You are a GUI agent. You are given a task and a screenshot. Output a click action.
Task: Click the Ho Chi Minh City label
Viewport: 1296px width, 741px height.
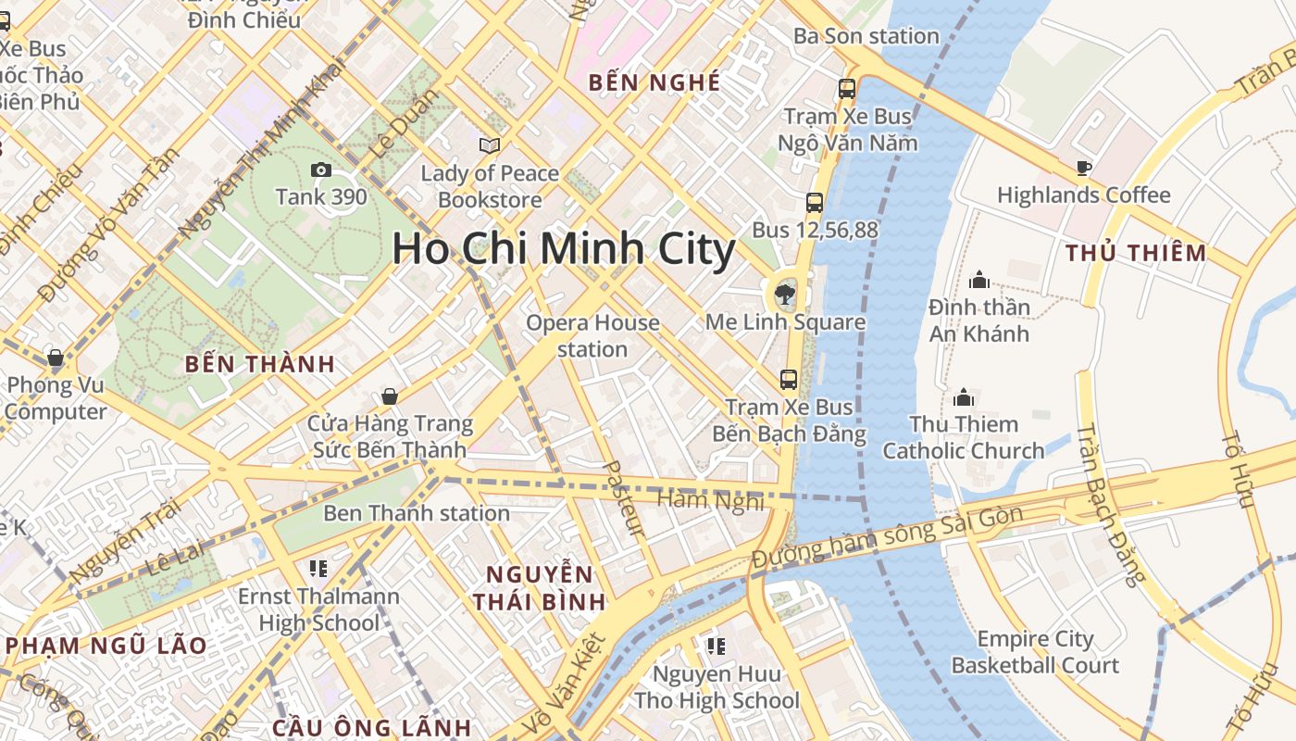pyautogui.click(x=563, y=249)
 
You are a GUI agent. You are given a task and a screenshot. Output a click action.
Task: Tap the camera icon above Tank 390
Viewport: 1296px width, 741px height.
pyautogui.click(x=321, y=170)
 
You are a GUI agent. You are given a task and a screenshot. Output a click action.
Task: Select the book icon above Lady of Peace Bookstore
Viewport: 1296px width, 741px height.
pyautogui.click(x=490, y=145)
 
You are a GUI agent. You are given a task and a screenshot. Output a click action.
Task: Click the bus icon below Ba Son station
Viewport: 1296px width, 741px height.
pyautogui.click(x=847, y=89)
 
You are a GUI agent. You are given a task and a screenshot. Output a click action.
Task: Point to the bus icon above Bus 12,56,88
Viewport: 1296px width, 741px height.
pyautogui.click(x=815, y=203)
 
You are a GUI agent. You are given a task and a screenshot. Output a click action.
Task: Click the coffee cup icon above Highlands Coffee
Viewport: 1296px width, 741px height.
pyautogui.click(x=1083, y=168)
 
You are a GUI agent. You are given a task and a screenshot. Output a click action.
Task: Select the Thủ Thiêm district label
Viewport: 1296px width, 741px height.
pyautogui.click(x=1136, y=253)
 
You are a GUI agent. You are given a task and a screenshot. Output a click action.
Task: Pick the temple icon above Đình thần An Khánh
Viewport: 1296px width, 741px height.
pyautogui.click(x=979, y=280)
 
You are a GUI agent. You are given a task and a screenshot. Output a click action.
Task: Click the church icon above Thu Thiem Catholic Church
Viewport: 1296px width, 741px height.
pyautogui.click(x=964, y=397)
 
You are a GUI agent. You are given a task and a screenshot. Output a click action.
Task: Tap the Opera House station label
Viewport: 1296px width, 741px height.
pyautogui.click(x=592, y=336)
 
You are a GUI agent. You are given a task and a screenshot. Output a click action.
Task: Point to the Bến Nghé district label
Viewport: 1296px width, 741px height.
pyautogui.click(x=654, y=82)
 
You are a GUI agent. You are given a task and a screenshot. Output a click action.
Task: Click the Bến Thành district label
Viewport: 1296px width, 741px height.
pyautogui.click(x=259, y=364)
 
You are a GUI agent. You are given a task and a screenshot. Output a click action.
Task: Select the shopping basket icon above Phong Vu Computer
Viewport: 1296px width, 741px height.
pyautogui.click(x=56, y=358)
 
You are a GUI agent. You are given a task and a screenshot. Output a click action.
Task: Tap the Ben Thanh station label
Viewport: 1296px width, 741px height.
pyautogui.click(x=416, y=513)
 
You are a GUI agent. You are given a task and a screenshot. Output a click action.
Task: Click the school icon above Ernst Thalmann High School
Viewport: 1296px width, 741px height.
pyautogui.click(x=318, y=568)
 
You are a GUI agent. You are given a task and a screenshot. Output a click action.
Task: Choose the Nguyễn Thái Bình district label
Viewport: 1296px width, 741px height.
pyautogui.click(x=539, y=587)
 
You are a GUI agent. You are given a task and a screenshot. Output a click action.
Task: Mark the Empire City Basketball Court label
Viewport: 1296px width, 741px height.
pyautogui.click(x=1035, y=652)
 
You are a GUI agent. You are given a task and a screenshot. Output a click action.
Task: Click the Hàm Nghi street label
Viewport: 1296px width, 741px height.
pyautogui.click(x=710, y=500)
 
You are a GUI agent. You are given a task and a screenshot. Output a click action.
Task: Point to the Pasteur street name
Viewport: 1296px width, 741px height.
pyautogui.click(x=623, y=499)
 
